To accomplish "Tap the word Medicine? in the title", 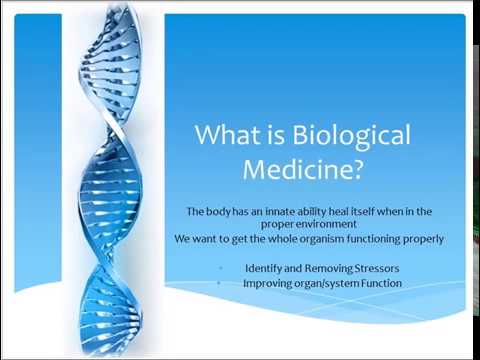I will (x=303, y=170).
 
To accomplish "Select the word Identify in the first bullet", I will (x=264, y=267).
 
